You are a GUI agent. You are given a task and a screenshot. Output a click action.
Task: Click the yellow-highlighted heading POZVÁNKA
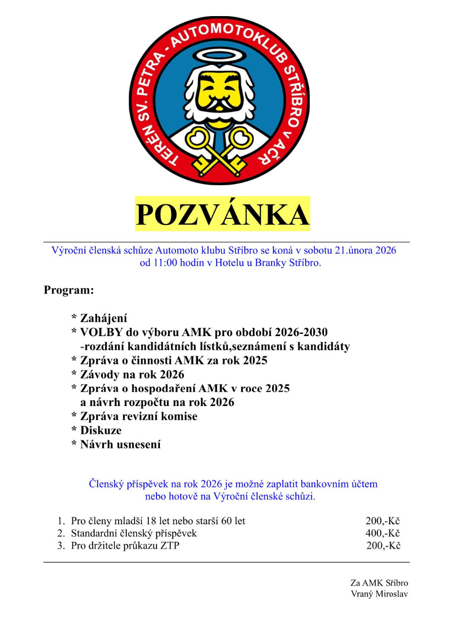pos(222,215)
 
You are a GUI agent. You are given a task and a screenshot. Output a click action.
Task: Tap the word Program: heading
pos(69,290)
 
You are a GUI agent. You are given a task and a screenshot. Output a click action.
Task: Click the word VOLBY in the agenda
pos(100,333)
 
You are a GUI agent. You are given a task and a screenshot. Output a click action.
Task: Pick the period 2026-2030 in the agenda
pos(298,333)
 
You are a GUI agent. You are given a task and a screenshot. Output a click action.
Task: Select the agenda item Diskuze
pos(101,431)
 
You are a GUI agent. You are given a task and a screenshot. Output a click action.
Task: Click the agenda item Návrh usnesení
pos(120,445)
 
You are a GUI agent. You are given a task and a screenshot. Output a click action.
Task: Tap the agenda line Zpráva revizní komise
pos(138,417)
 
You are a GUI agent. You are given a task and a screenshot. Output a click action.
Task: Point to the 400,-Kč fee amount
pos(383,533)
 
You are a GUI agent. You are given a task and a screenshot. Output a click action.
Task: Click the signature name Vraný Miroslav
pos(380,594)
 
